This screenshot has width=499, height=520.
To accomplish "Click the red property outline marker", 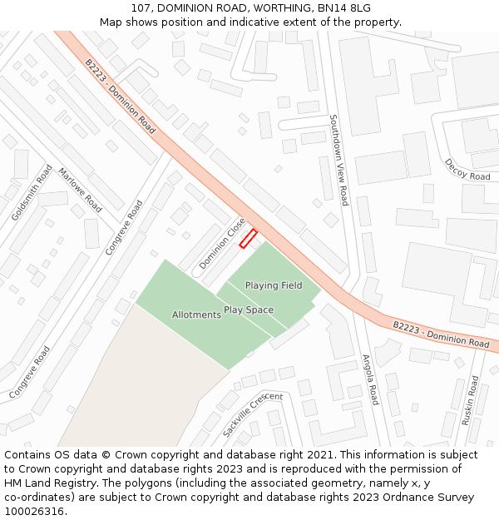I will pos(248,239).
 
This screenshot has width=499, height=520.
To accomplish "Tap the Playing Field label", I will pos(274,285).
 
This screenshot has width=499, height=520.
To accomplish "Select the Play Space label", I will pos(248,310).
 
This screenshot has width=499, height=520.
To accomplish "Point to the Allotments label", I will pos(196,314).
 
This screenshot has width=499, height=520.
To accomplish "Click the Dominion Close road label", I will pos(221,243).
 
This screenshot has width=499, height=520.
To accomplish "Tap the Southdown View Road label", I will pos(338,159).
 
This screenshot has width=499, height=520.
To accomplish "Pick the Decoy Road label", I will pos(467,170).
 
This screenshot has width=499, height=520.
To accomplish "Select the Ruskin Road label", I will pos(471,400).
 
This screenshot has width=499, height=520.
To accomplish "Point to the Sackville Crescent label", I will pos(253,414).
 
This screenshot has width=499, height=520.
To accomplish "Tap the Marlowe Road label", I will pos(80,190).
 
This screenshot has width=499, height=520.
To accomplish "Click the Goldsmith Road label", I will pos(26,191).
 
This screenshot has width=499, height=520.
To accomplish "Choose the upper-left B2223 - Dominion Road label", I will pos(120,96).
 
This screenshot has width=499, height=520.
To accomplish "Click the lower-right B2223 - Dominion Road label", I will pos(441,334).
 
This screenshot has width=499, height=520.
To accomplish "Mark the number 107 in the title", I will pos(141,8).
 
